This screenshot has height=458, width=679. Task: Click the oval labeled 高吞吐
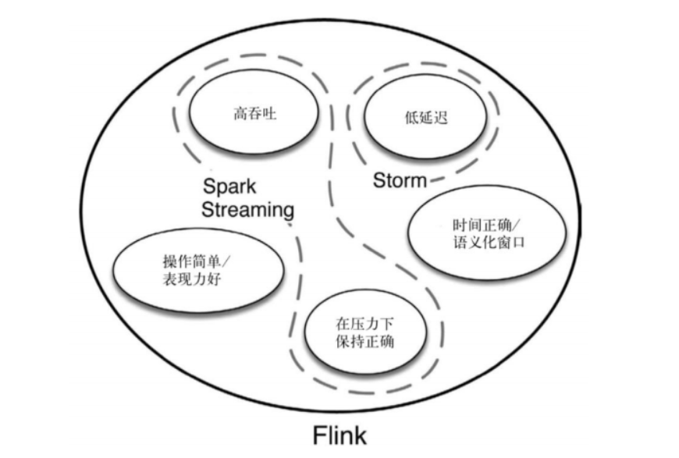(254, 115)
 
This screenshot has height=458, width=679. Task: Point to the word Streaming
(247, 209)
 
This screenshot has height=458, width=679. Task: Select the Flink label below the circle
(339, 434)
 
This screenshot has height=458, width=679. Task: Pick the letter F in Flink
(318, 434)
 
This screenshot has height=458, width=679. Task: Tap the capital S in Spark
(209, 186)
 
